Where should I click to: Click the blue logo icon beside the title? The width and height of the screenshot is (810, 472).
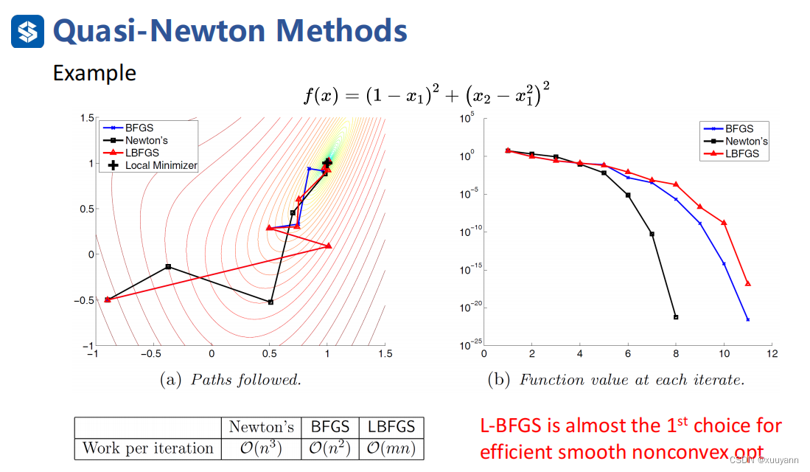(27, 32)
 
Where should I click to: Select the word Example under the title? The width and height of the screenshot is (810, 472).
(94, 73)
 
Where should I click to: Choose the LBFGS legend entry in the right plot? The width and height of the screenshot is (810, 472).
(741, 154)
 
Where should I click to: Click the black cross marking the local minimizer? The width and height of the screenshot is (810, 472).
(327, 162)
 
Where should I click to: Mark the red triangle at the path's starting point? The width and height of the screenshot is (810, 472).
(108, 299)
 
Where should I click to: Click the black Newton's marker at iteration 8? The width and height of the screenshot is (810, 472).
(676, 317)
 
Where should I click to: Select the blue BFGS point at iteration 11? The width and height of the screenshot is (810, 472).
(748, 319)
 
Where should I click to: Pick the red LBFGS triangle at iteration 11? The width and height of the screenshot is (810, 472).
(748, 283)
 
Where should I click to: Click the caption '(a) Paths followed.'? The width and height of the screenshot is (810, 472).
(231, 380)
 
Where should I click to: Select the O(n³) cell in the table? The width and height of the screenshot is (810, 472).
(262, 448)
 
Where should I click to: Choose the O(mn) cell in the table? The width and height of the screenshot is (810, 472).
(391, 448)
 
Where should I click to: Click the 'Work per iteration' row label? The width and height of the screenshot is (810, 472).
(147, 448)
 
